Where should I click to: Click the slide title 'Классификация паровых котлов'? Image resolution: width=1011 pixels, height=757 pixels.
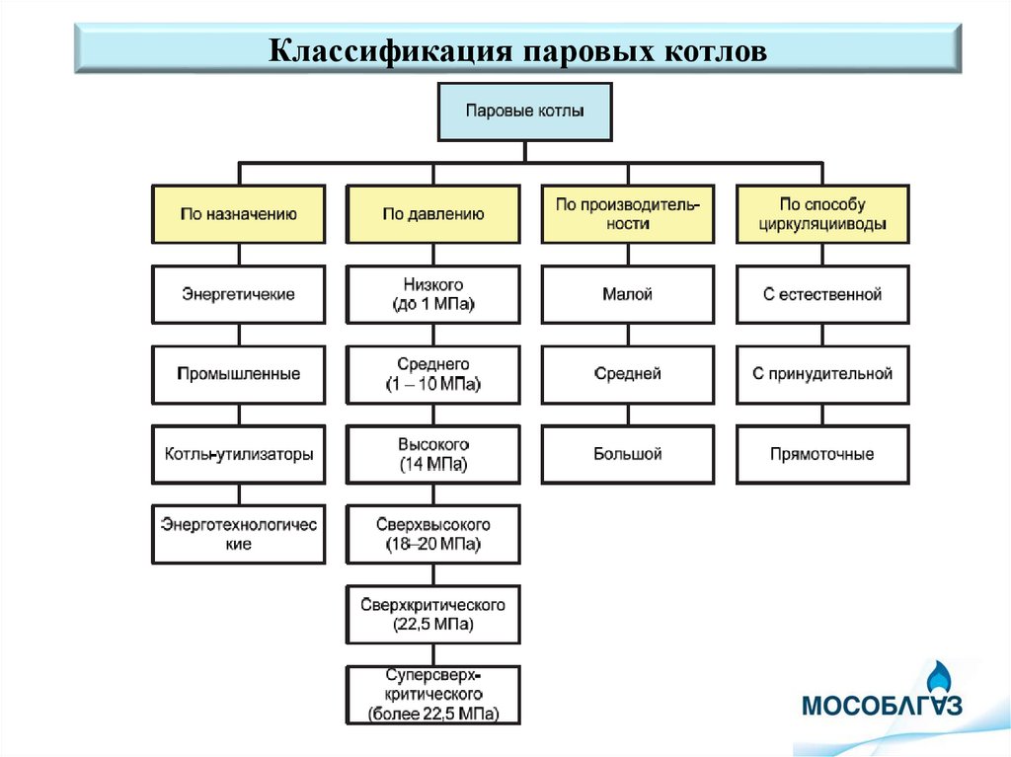tap(517, 48)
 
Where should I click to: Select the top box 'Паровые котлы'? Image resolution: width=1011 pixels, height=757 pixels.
tap(524, 112)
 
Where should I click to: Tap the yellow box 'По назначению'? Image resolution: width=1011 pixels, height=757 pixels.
tap(238, 214)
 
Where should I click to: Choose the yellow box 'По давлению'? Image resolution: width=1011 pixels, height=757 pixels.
tap(432, 214)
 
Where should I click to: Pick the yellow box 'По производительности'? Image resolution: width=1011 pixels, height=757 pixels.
tap(627, 214)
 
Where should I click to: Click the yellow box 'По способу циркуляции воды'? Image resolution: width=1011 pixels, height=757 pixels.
tap(822, 214)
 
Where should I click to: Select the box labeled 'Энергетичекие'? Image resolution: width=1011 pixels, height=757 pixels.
tap(238, 294)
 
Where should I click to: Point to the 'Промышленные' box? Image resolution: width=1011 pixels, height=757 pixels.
tap(238, 374)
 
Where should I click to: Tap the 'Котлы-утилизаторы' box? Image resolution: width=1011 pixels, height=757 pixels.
tap(238, 455)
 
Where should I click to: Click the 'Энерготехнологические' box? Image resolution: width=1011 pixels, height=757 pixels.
tap(238, 534)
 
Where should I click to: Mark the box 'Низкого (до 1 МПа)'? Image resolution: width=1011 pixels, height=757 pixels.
tap(432, 294)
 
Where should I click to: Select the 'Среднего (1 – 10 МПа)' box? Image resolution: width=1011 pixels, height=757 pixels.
tap(432, 374)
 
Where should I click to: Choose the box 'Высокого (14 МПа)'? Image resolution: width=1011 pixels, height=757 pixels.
tap(432, 455)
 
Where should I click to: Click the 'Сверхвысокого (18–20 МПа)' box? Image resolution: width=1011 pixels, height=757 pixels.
tap(432, 534)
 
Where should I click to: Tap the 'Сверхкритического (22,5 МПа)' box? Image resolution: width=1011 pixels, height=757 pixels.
tap(432, 615)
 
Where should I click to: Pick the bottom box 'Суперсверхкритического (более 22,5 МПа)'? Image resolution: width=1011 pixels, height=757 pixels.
tap(432, 695)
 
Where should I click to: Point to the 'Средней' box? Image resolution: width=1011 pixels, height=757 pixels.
tap(627, 374)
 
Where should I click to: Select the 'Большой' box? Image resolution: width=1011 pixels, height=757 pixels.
tap(627, 455)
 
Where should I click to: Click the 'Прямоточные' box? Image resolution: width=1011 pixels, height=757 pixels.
tap(822, 455)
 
